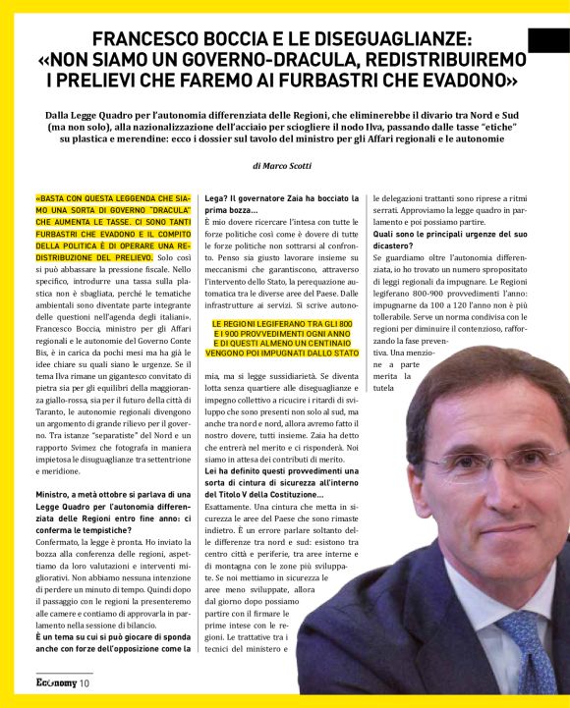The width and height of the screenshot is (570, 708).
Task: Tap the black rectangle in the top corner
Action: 547,40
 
